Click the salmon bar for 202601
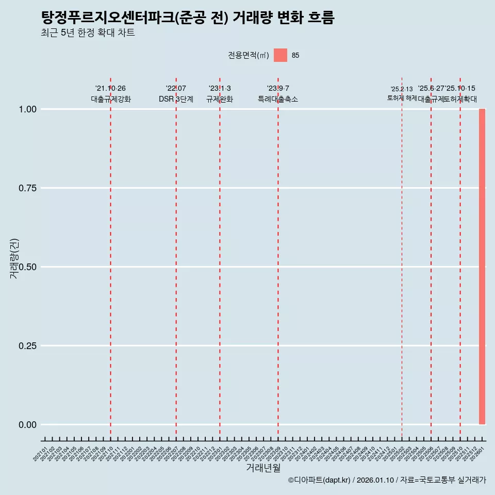point(482,267)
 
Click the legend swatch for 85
point(280,55)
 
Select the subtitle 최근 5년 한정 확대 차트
point(88,33)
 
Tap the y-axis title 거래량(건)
point(14,258)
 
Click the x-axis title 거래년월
point(263,468)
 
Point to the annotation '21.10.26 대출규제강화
point(110,94)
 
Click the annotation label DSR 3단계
point(176,99)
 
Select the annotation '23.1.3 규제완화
point(220,94)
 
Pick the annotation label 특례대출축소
point(278,99)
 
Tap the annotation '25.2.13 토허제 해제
point(402,93)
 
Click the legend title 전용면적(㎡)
point(249,55)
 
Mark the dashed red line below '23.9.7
point(278,258)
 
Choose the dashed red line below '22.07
point(176,258)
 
